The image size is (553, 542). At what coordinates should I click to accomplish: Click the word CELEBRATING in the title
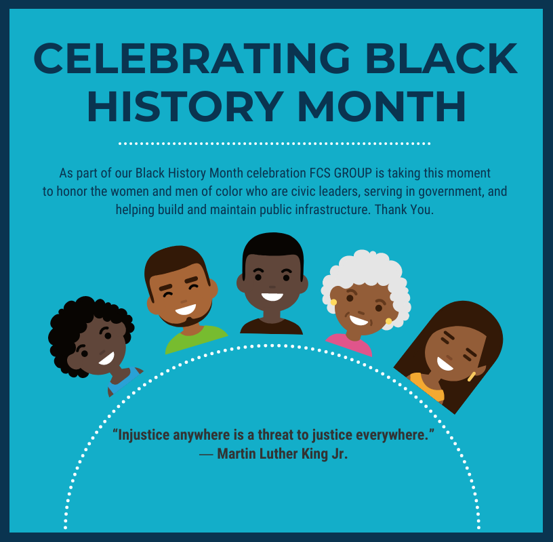point(192,58)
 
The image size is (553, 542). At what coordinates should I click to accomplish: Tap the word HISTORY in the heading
point(186,106)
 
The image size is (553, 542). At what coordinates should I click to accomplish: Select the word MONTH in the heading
point(382,106)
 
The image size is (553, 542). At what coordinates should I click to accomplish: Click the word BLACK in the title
point(442,58)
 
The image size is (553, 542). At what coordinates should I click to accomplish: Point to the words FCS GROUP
point(341,173)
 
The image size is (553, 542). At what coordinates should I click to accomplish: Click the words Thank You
point(404,209)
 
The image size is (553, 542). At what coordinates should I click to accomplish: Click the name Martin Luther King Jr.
point(283,454)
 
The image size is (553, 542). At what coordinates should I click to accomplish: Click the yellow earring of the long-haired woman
point(472,377)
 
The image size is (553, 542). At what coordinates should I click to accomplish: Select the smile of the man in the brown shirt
point(272,297)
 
